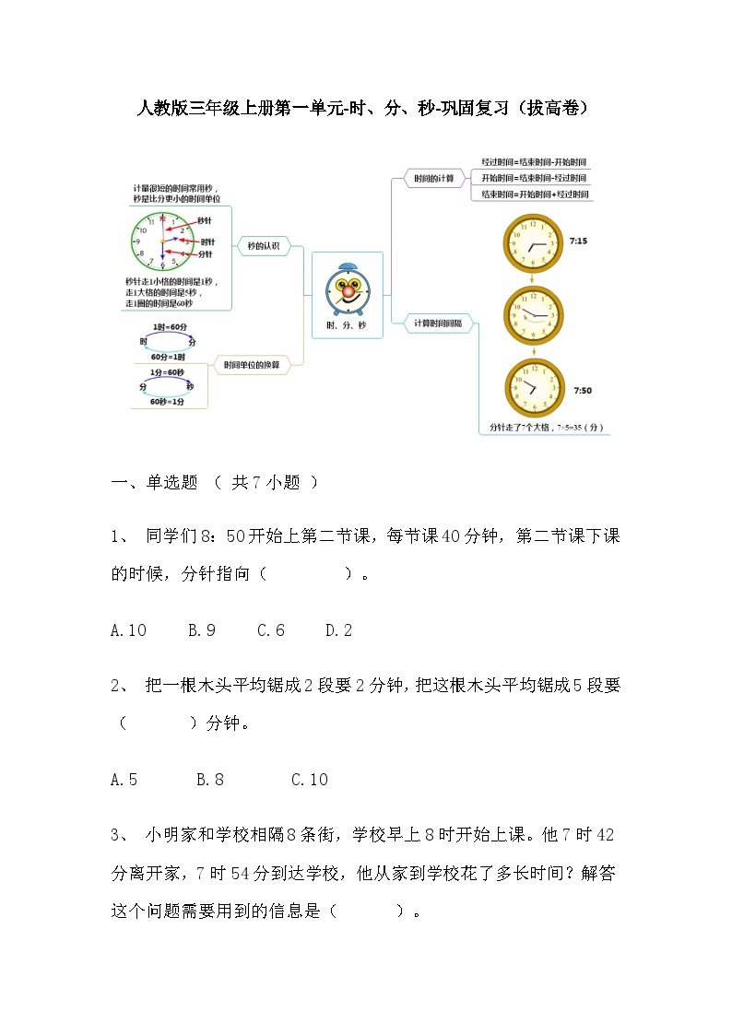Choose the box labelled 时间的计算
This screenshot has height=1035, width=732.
(x=433, y=178)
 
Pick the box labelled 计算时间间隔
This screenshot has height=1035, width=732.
(x=439, y=323)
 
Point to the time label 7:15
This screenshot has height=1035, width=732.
(x=579, y=241)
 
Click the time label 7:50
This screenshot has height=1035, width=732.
(x=583, y=391)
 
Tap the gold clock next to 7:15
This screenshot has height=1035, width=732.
(x=532, y=243)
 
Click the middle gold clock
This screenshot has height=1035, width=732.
(x=532, y=316)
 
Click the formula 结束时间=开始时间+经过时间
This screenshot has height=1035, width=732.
(x=533, y=194)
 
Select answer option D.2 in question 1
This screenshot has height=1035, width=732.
(x=338, y=630)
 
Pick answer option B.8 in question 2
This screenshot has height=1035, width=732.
(x=210, y=780)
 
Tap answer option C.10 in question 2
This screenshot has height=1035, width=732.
(x=310, y=780)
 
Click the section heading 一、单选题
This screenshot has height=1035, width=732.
(x=154, y=482)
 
